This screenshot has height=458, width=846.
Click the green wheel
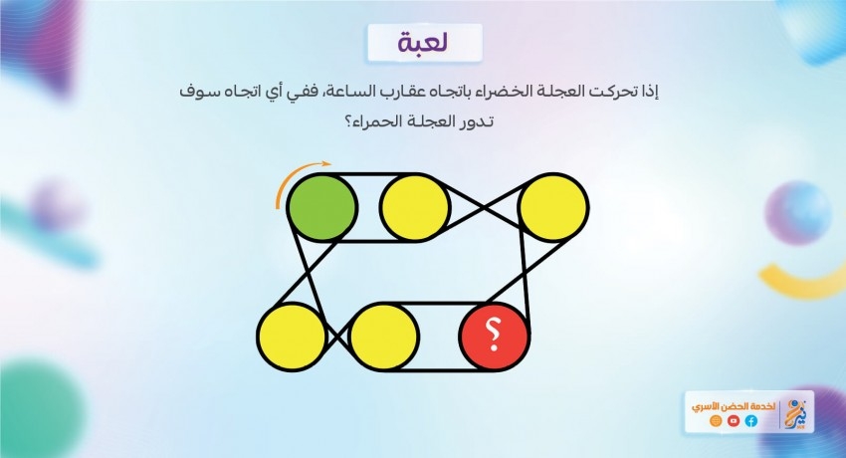click(x=321, y=207)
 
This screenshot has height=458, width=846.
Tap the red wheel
click(x=493, y=337)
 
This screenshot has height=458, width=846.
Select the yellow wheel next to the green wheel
click(x=414, y=207)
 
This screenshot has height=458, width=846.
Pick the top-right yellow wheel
click(x=553, y=207)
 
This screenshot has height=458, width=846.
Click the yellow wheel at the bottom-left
click(x=292, y=337)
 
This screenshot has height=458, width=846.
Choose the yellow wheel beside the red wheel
click(x=384, y=337)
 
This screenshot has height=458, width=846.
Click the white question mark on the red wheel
click(x=492, y=335)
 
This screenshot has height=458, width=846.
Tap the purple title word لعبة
click(x=424, y=43)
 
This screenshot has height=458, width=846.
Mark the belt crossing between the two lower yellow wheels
click(x=338, y=337)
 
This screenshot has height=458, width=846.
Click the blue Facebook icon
click(x=751, y=421)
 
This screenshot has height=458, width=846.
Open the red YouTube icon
click(x=734, y=421)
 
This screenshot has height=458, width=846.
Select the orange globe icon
click(x=716, y=421)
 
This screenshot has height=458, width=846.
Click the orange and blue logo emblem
click(x=797, y=412)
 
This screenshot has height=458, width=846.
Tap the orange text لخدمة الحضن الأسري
click(x=734, y=405)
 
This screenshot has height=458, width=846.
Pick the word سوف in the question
click(x=194, y=92)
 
